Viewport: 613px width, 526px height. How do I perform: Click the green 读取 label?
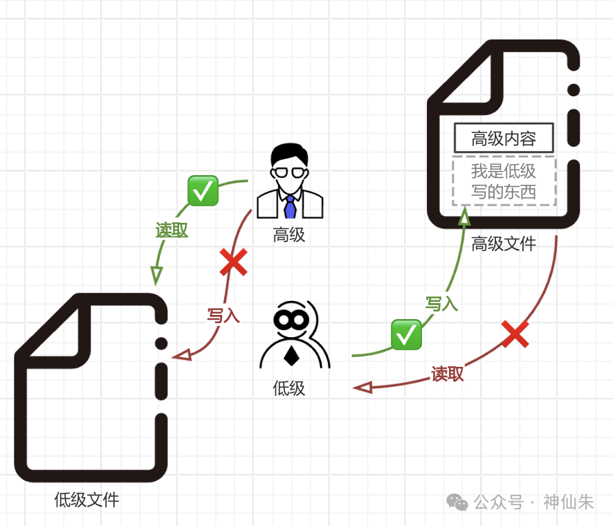pyautogui.click(x=172, y=230)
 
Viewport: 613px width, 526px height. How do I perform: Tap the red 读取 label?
pyautogui.click(x=448, y=374)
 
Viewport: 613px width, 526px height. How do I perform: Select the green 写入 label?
pyautogui.click(x=441, y=303)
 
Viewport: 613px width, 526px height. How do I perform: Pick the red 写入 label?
pyautogui.click(x=223, y=316)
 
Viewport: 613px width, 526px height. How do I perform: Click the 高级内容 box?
pyautogui.click(x=504, y=138)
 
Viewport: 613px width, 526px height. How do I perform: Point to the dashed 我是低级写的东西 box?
pyautogui.click(x=504, y=181)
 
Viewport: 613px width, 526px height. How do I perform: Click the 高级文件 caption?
pyautogui.click(x=504, y=244)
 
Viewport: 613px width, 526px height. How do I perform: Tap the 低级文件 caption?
pyautogui.click(x=86, y=500)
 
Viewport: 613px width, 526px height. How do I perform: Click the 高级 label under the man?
pyautogui.click(x=289, y=235)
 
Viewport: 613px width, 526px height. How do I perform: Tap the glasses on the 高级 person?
pyautogui.click(x=289, y=173)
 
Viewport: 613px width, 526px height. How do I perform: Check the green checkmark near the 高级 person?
pyautogui.click(x=203, y=190)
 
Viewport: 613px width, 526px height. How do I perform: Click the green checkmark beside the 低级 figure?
pyautogui.click(x=406, y=334)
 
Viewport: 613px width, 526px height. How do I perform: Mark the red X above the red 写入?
pyautogui.click(x=233, y=263)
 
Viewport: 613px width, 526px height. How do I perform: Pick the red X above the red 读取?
pyautogui.click(x=515, y=335)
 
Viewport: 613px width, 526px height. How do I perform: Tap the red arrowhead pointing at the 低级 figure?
pyautogui.click(x=363, y=388)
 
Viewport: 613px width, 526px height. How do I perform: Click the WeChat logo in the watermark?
pyautogui.click(x=457, y=502)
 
